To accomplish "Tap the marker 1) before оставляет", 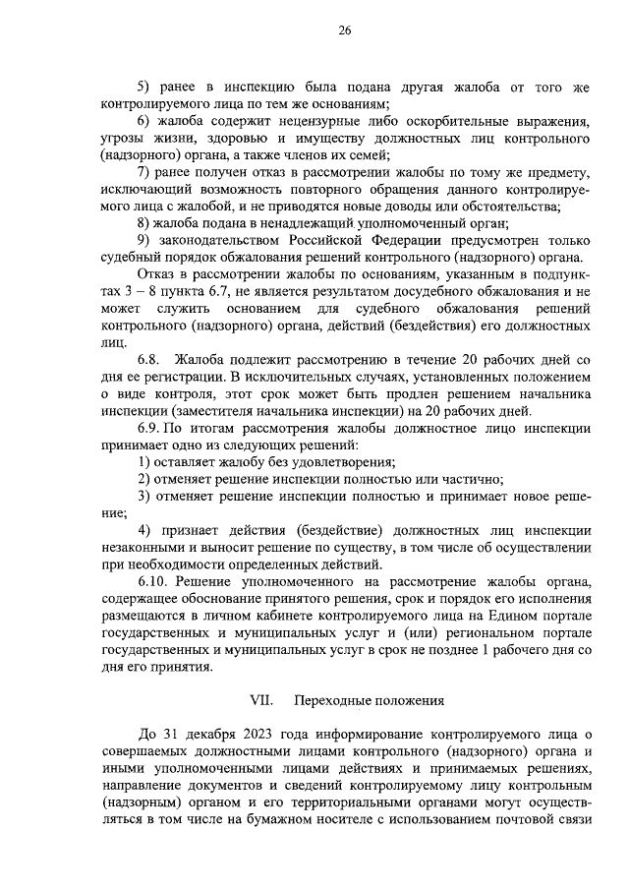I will coord(143,461).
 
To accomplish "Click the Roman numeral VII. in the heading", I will coord(260,701).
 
